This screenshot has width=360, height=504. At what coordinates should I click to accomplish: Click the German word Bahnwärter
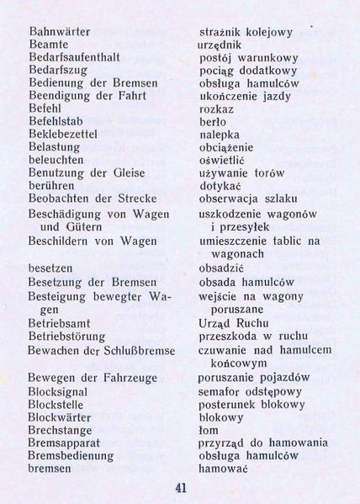coord(59,31)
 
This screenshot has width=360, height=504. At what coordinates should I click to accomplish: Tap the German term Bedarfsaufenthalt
coord(74,57)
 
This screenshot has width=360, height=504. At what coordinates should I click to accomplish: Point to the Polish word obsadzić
coord(222,267)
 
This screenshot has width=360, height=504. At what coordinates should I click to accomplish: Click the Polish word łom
coord(208,430)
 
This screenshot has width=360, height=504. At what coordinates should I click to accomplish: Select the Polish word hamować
coord(223,469)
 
